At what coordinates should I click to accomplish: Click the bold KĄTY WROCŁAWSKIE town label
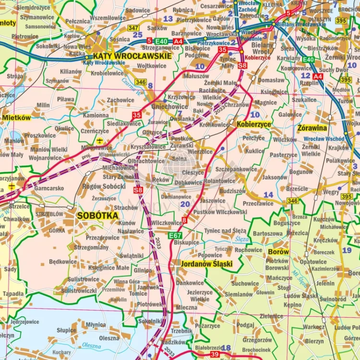tap(132, 56)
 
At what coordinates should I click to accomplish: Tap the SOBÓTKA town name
tap(97, 216)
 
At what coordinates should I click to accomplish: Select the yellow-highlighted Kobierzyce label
tap(253, 124)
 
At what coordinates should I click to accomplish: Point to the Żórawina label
tap(312, 128)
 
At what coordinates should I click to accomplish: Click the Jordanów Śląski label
tap(206, 264)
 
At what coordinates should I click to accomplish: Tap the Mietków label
tap(16, 118)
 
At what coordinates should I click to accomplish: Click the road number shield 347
tap(133, 28)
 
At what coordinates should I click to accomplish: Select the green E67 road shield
tap(175, 235)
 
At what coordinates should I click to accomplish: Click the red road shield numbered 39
tap(214, 354)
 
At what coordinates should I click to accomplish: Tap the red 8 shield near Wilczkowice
tap(184, 220)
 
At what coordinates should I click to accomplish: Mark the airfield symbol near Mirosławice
tap(99, 141)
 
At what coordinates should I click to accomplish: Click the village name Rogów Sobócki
tap(105, 186)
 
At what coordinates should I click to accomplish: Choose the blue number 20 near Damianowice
tap(185, 204)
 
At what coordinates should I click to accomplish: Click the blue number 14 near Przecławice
tap(268, 194)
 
